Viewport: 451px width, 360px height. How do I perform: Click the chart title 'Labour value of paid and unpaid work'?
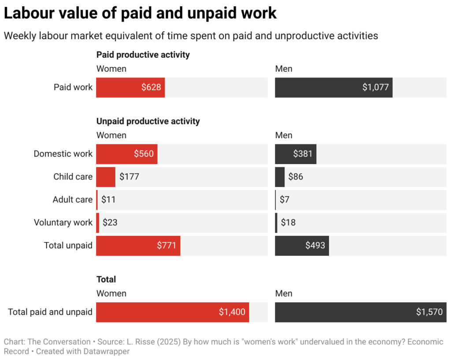pos(140,14)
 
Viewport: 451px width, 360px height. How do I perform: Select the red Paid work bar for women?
pos(130,87)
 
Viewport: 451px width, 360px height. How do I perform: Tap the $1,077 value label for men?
pos(375,87)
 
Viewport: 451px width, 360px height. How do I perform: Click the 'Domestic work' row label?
pos(63,154)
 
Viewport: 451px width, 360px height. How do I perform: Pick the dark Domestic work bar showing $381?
pos(295,154)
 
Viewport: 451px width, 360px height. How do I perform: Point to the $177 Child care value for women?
pos(129,176)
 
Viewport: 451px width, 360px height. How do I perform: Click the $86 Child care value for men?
pos(296,176)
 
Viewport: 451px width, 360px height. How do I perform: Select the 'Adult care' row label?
pos(72,199)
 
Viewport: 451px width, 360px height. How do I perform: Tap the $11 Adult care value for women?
pos(108,199)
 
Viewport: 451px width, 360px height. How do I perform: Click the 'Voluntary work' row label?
pos(63,222)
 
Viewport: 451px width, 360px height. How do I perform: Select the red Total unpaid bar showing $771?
pos(138,245)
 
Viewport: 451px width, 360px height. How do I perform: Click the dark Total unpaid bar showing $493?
pos(302,245)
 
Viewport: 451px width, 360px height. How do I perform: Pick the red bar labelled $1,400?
pos(172,312)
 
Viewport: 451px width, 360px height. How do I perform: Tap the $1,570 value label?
pos(429,312)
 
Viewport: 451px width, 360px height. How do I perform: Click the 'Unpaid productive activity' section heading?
pos(148,121)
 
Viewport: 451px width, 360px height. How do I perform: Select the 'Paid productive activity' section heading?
pos(143,55)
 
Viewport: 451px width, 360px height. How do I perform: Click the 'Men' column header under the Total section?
pos(284,294)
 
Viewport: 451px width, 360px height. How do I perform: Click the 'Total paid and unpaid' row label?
pos(50,312)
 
